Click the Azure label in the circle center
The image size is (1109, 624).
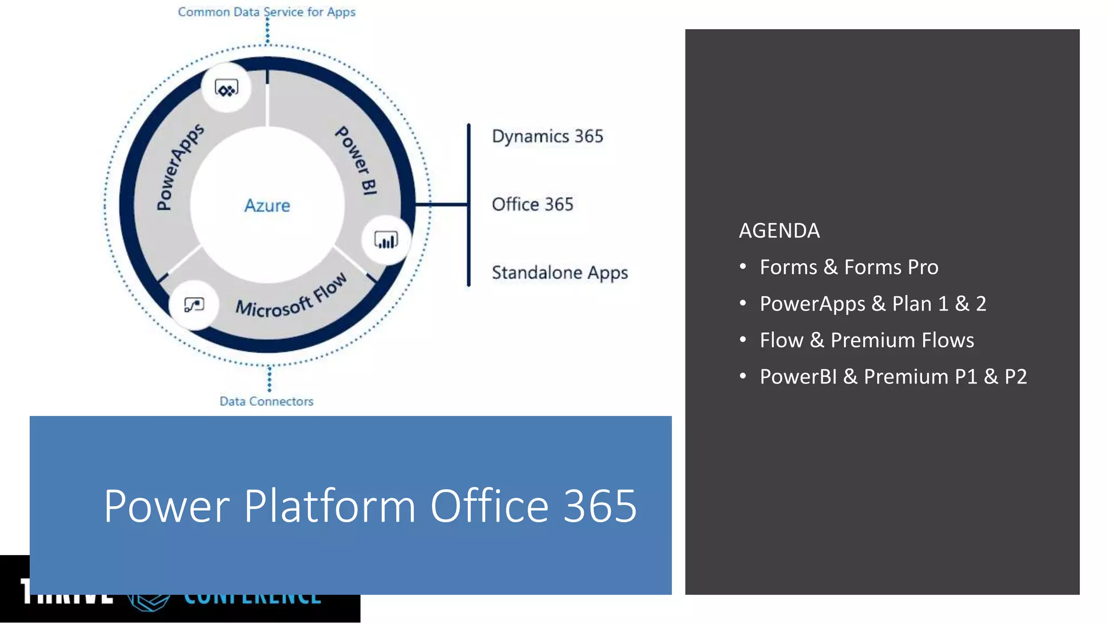click(267, 206)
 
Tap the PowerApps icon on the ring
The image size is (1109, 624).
click(226, 88)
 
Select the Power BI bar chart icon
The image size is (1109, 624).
click(386, 240)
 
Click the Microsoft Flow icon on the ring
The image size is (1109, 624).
click(194, 305)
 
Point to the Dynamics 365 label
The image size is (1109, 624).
click(547, 136)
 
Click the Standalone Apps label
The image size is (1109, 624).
click(559, 273)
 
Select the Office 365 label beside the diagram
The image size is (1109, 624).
click(532, 205)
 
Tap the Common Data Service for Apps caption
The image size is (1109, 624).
click(266, 12)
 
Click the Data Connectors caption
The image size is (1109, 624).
click(266, 401)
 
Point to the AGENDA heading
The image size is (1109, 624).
click(779, 231)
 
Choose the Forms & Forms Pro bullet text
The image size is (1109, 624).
click(849, 268)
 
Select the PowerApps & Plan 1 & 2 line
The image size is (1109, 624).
click(872, 304)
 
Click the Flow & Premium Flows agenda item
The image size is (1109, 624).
click(866, 341)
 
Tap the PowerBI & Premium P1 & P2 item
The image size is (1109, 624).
click(893, 377)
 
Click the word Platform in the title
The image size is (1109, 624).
click(330, 506)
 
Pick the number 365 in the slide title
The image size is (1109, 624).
click(600, 506)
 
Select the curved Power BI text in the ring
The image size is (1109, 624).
click(356, 160)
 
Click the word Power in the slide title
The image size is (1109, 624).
click(167, 506)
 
